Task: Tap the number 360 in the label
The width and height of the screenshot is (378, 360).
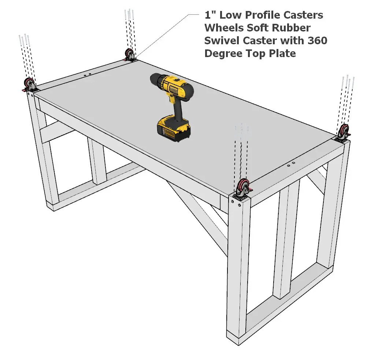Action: (317, 41)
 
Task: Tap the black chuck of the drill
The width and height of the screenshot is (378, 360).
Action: (156, 80)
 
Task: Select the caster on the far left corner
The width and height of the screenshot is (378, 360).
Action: (29, 85)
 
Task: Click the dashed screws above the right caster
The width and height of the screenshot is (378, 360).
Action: (346, 101)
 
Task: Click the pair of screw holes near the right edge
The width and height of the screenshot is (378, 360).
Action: (291, 164)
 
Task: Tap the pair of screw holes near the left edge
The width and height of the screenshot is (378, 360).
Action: (87, 75)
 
